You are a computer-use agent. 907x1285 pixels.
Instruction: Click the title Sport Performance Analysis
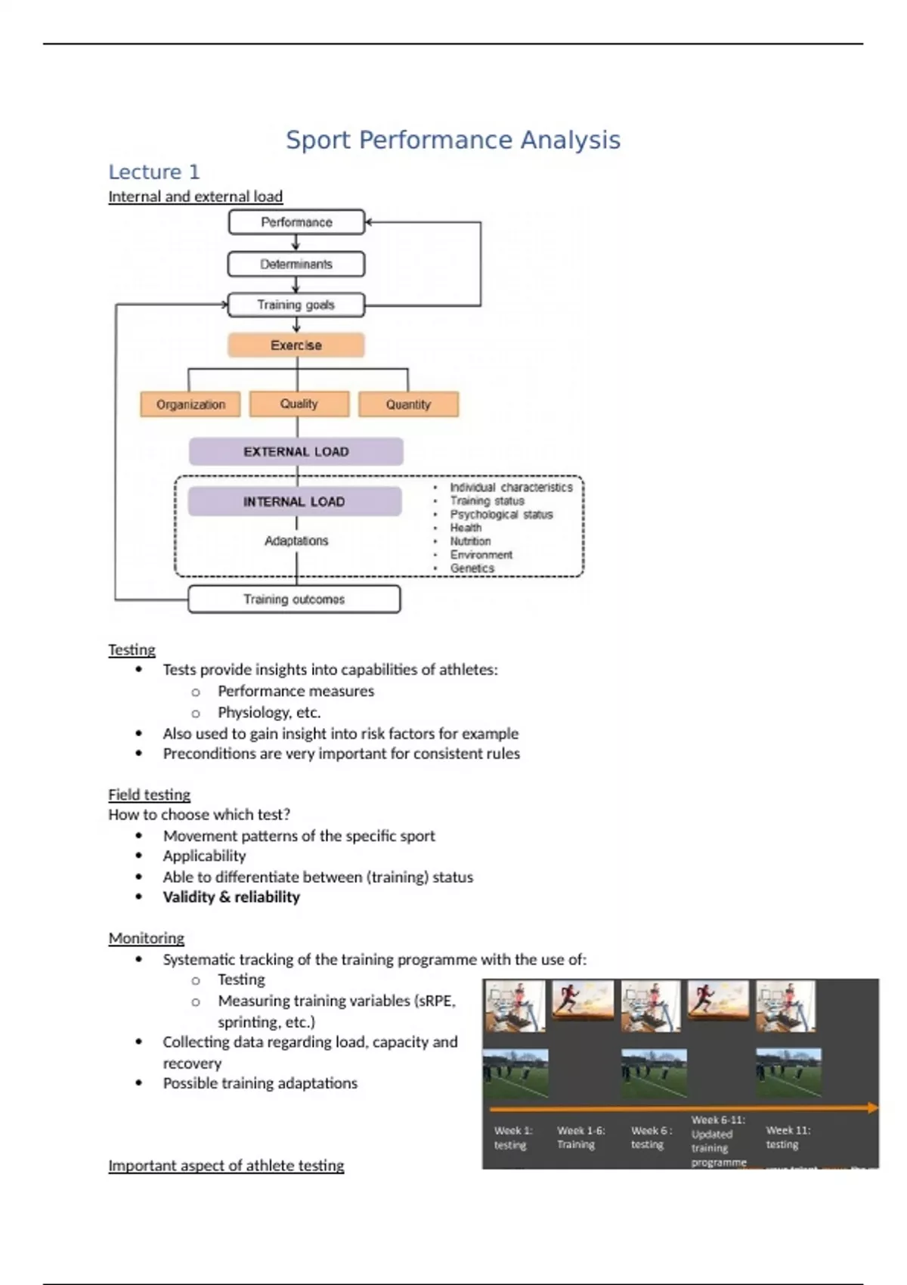[x=453, y=140]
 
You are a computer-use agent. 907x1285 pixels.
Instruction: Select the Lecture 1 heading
[x=153, y=172]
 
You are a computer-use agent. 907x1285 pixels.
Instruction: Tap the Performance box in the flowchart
[x=296, y=222]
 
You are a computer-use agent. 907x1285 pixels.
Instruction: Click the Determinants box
[x=296, y=265]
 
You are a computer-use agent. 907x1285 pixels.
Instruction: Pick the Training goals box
[x=296, y=305]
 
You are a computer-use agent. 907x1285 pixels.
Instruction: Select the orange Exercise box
[x=296, y=345]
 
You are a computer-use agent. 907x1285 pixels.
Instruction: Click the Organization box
[x=190, y=404]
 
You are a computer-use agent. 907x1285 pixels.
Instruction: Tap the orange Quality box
[x=299, y=404]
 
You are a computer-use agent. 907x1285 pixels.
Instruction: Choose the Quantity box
[x=408, y=404]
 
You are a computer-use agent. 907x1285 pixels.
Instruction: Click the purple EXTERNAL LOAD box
[x=296, y=452]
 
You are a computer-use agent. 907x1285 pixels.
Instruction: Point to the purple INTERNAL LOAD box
[x=295, y=502]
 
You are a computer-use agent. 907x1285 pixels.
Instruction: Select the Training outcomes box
[x=294, y=599]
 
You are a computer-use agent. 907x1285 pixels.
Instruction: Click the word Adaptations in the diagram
[x=296, y=541]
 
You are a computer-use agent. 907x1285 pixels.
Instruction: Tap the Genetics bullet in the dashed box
[x=472, y=568]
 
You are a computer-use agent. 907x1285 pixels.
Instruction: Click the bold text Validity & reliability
[x=231, y=897]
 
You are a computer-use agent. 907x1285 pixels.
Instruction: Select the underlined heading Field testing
[x=149, y=794]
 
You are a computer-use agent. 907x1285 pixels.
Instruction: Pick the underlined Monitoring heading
[x=146, y=938]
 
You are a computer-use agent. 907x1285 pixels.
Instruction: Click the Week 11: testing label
[x=788, y=1138]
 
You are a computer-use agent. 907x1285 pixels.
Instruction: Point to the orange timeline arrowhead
[x=873, y=1108]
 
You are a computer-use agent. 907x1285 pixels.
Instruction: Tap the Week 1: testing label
[x=513, y=1138]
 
